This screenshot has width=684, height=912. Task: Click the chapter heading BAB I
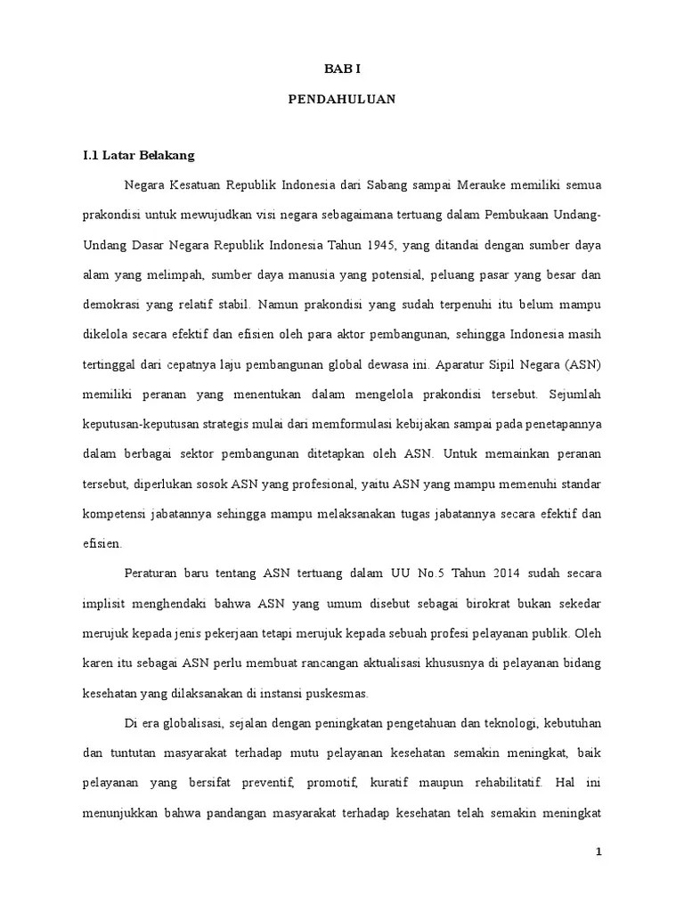[x=341, y=68]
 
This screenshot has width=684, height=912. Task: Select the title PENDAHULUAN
[x=341, y=100]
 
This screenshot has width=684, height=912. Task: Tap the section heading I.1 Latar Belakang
[x=138, y=155]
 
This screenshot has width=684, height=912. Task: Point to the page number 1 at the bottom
[x=599, y=851]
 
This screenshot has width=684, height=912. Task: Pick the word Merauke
[x=486, y=185]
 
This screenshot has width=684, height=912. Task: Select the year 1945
[x=384, y=246]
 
